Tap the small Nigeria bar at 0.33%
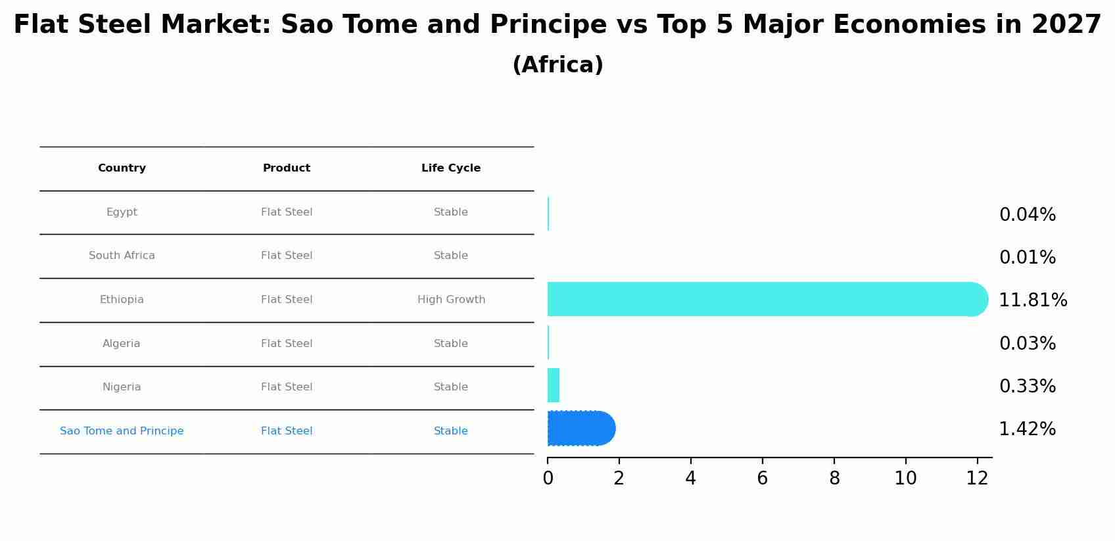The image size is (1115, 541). (554, 385)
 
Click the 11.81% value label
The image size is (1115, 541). (1033, 300)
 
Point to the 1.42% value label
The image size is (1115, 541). (1027, 429)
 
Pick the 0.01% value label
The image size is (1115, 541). (1027, 258)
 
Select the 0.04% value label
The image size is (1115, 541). (1027, 215)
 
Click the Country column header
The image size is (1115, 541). (122, 168)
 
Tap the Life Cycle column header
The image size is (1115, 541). (451, 168)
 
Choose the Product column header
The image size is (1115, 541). (287, 168)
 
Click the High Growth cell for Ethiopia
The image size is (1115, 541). (451, 300)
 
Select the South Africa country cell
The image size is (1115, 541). (122, 256)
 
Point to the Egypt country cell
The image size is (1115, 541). (122, 212)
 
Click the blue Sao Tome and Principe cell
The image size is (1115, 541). (122, 431)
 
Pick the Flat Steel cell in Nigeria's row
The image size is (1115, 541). (287, 387)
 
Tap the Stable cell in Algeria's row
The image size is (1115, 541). (451, 344)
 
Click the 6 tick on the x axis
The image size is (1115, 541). (763, 479)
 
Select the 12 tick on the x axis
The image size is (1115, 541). (978, 479)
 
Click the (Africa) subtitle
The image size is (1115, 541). (557, 65)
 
